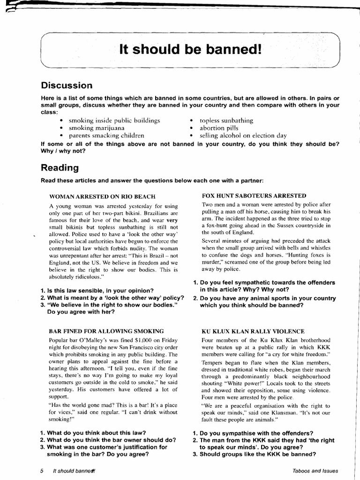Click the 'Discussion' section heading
click(67, 85)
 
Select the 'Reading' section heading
click(60, 167)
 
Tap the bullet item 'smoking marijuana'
click(97, 127)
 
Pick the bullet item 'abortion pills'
click(219, 127)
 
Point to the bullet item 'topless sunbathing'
click(226, 120)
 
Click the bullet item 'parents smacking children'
click(106, 135)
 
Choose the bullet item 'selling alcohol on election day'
click(243, 135)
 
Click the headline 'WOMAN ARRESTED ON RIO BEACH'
click(102, 196)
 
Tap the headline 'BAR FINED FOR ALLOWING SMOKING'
click(106, 331)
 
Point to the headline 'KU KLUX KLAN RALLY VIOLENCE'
click(253, 331)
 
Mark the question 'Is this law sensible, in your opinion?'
click(100, 291)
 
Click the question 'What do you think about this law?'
click(96, 433)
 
